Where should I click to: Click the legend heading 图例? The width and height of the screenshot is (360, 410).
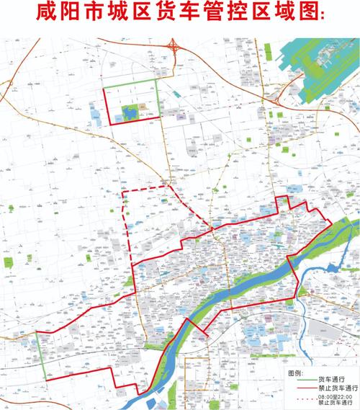(x=295, y=374)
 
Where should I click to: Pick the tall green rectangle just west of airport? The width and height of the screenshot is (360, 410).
(x=267, y=53)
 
